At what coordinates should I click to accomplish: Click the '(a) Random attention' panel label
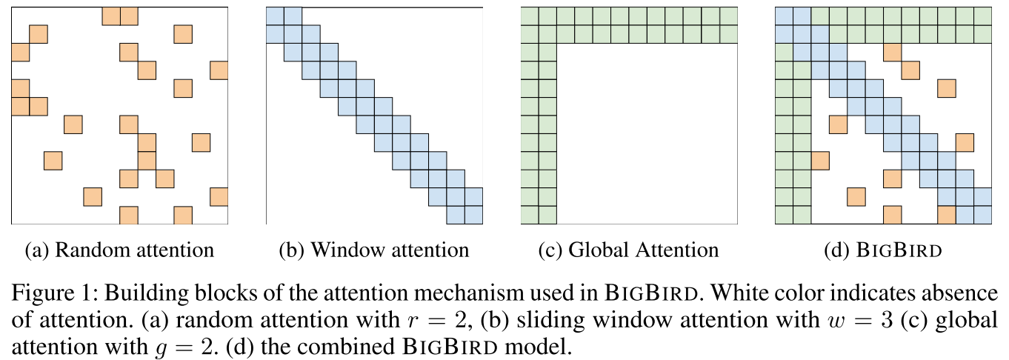coord(119,250)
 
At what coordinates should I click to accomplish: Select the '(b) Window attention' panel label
coord(374,250)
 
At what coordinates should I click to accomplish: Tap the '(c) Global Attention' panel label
coord(628,250)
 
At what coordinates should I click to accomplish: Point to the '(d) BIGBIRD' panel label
coord(882,250)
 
